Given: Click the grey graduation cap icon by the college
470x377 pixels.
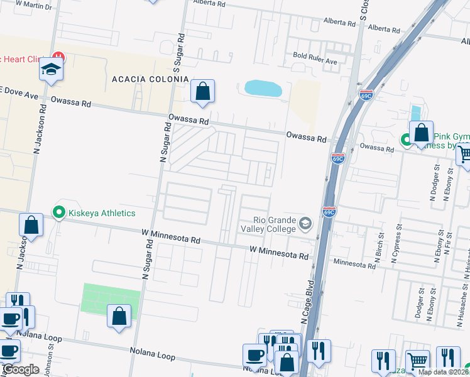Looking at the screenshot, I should (x=305, y=223).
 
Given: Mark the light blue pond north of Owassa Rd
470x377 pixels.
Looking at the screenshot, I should (x=263, y=88).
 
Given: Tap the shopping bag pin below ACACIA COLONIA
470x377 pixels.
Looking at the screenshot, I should (x=202, y=92).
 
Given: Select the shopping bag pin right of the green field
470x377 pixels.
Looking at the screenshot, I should (x=119, y=316).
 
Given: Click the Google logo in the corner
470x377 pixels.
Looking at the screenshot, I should (x=21, y=369).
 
